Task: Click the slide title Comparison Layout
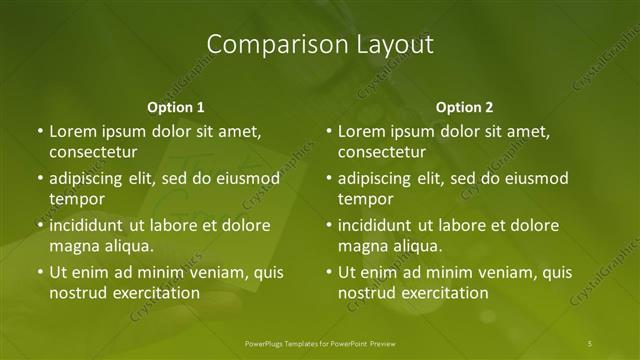320,45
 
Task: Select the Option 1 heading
176,107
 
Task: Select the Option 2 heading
465,107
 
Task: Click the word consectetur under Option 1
93,152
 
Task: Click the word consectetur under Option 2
382,152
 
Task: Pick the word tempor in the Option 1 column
75,199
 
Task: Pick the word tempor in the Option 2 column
364,199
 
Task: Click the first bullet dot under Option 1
39,131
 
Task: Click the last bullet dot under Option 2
328,272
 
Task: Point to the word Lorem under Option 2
361,131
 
